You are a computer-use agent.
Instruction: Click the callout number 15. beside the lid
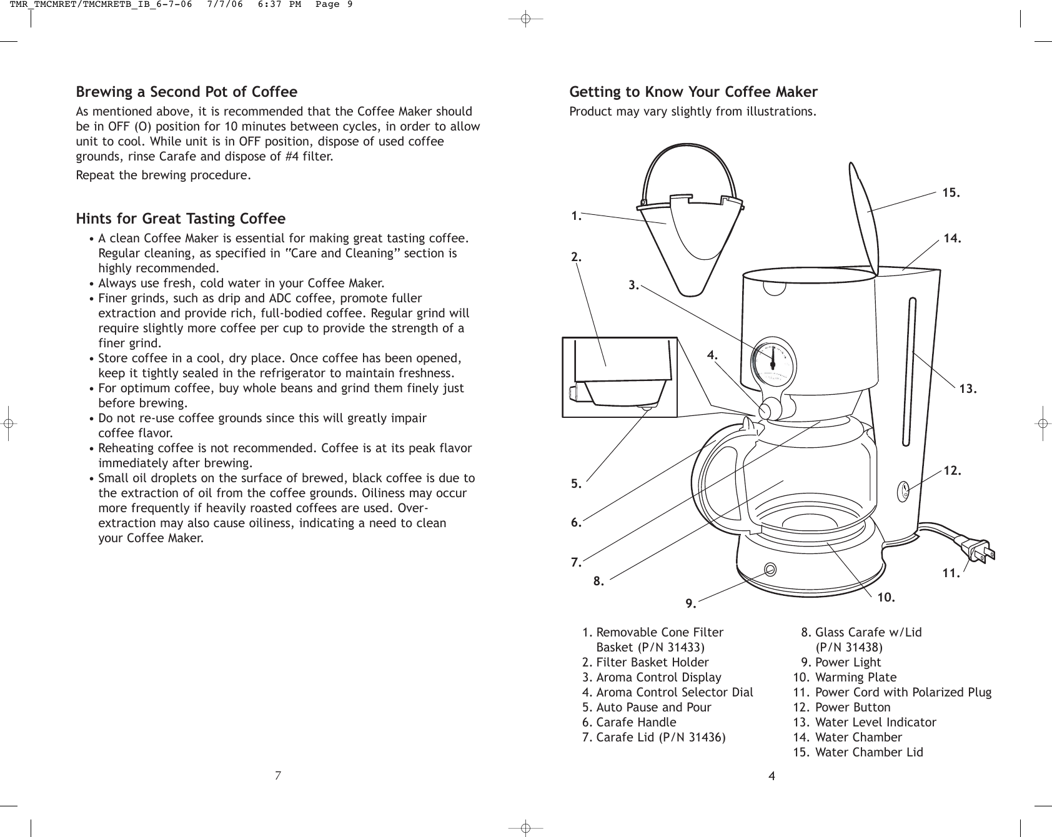pyautogui.click(x=951, y=193)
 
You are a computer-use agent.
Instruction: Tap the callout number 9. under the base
pyautogui.click(x=690, y=603)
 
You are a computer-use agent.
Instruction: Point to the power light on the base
pyautogui.click(x=770, y=569)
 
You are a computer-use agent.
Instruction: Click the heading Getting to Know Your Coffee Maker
pyautogui.click(x=693, y=92)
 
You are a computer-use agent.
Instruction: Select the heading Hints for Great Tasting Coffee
pyautogui.click(x=181, y=219)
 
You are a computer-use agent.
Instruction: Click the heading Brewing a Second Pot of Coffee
pyautogui.click(x=187, y=92)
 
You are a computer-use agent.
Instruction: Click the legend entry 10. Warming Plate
pyautogui.click(x=845, y=677)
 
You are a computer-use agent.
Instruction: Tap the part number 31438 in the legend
pyautogui.click(x=865, y=647)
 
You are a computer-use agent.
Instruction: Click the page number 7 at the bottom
pyautogui.click(x=279, y=776)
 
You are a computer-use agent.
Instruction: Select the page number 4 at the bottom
pyautogui.click(x=772, y=776)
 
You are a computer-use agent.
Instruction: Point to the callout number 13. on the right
pyautogui.click(x=968, y=389)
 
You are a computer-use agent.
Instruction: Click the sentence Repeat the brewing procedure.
pyautogui.click(x=164, y=175)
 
